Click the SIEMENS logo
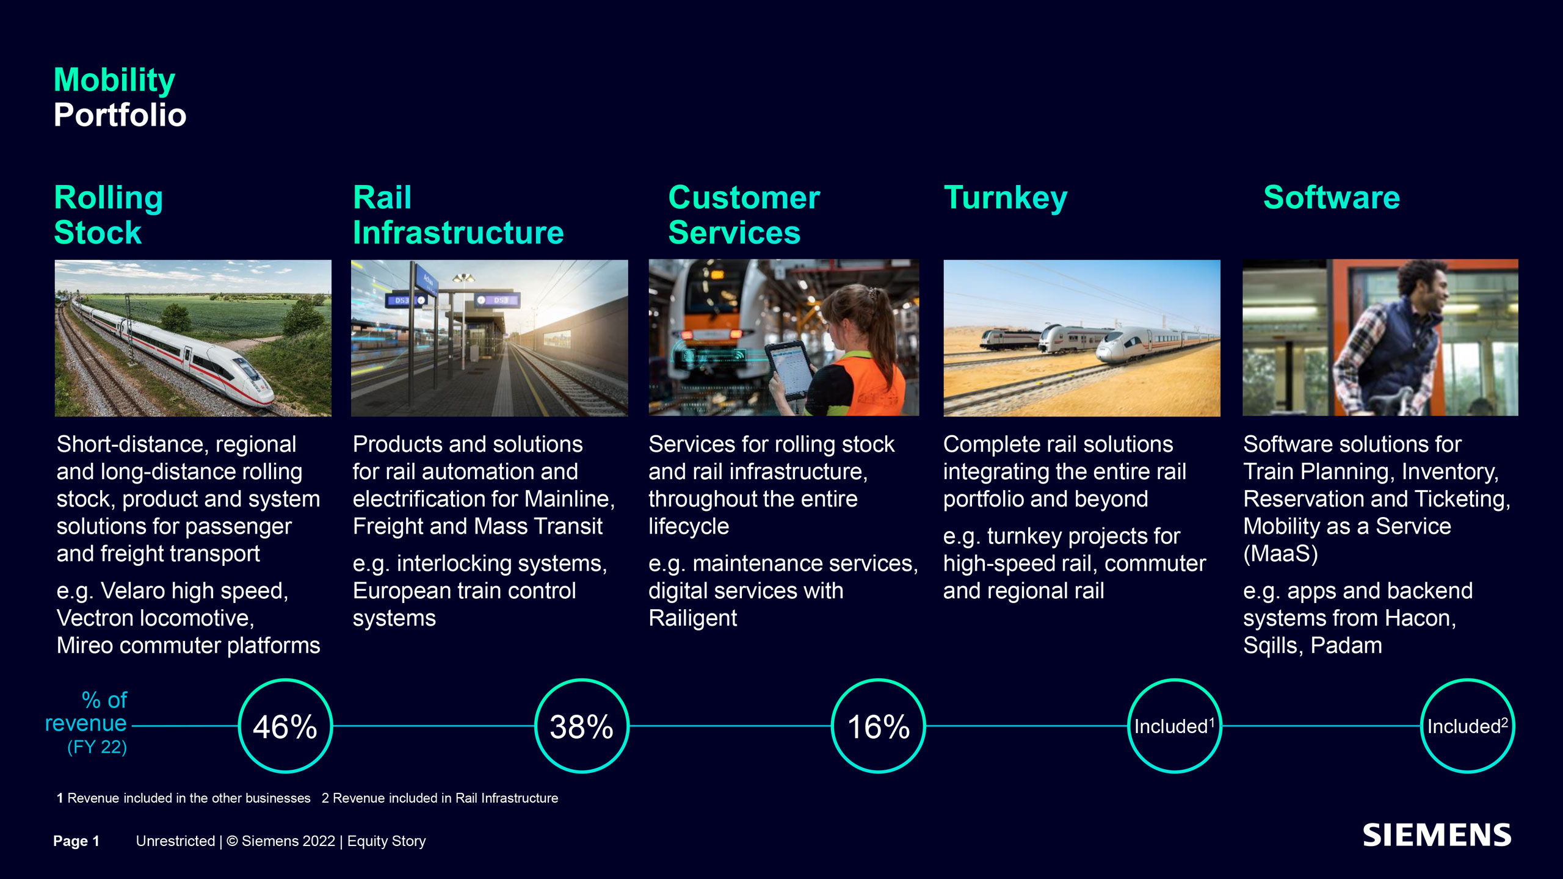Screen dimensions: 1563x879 pyautogui.click(x=1437, y=836)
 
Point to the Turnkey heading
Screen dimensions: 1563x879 pyautogui.click(x=1006, y=198)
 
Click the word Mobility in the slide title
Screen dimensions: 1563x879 pyautogui.click(x=115, y=81)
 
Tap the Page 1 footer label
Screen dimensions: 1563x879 pyautogui.click(x=76, y=841)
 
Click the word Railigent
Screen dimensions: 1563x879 pyautogui.click(x=692, y=618)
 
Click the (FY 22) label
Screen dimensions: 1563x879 pyautogui.click(x=97, y=747)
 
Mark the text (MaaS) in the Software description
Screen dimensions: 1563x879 pyautogui.click(x=1280, y=554)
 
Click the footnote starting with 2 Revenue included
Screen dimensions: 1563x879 pyautogui.click(x=440, y=798)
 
